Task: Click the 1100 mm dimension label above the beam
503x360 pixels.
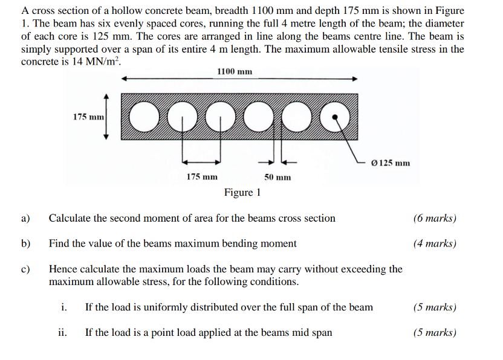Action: tap(234, 72)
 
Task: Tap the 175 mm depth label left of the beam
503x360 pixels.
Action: tap(88, 117)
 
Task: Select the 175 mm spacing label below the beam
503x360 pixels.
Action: tap(201, 177)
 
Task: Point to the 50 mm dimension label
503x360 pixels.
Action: tap(277, 177)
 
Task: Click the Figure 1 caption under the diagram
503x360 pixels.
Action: tap(242, 193)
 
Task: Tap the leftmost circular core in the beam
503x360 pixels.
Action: tap(141, 117)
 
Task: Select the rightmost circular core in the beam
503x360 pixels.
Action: tap(336, 117)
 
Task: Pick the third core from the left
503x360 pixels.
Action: tap(219, 117)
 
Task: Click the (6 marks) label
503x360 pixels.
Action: tap(435, 218)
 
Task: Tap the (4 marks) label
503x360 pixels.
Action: tap(435, 244)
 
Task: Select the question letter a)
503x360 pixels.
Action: tap(25, 218)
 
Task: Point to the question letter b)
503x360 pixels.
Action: tap(25, 244)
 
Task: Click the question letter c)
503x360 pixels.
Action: tap(25, 269)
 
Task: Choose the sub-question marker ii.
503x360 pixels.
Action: tap(62, 332)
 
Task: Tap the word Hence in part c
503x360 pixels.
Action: tap(63, 269)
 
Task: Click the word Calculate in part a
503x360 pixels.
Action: tap(70, 218)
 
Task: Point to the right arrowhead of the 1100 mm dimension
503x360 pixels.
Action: tap(355, 79)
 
